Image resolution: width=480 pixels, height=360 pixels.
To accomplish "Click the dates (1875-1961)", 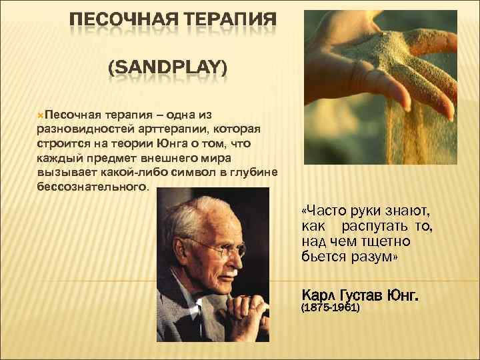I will pyautogui.click(x=331, y=309).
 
